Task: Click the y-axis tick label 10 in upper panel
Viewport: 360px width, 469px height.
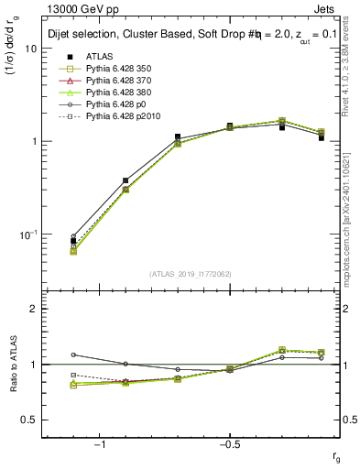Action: click(30, 49)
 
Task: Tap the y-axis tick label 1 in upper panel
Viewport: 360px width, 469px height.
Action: click(34, 142)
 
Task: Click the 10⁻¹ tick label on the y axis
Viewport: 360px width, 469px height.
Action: click(27, 234)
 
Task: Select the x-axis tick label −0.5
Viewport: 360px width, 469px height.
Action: click(229, 444)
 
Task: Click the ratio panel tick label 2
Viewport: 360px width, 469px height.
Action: click(34, 310)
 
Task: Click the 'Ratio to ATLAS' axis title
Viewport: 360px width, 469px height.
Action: click(12, 365)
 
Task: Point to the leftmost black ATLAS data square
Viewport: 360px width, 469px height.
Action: click(74, 241)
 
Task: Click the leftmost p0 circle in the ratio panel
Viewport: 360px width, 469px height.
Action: click(74, 354)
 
